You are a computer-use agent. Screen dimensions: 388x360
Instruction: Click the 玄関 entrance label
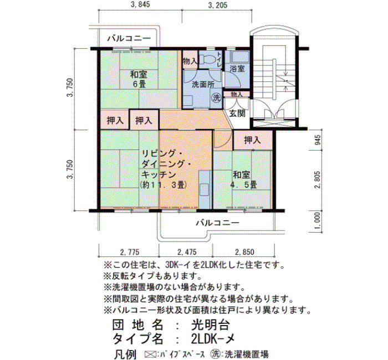tap(237, 114)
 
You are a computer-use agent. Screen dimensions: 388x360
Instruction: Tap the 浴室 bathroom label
tap(237, 69)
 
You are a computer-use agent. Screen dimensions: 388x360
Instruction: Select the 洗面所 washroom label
tap(203, 85)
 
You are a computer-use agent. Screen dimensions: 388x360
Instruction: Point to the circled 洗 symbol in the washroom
tap(217, 97)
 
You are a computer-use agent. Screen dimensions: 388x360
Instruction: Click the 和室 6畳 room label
tap(139, 79)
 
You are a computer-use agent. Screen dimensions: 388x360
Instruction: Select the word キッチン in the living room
tap(159, 175)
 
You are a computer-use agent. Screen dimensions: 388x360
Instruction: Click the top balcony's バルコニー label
tap(129, 38)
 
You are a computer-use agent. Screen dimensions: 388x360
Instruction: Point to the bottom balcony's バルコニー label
tap(218, 223)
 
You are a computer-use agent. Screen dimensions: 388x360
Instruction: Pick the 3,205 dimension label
tap(218, 5)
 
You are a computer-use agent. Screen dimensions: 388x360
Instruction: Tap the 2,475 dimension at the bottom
tap(187, 252)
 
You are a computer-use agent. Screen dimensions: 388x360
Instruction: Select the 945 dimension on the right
tap(318, 140)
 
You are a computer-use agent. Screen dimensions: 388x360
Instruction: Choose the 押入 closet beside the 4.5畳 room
tap(253, 140)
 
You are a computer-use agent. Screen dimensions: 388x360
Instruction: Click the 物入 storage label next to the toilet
tap(190, 61)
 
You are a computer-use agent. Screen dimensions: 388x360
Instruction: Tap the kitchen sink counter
tap(205, 190)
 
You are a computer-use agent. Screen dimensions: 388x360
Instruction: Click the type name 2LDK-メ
tap(213, 339)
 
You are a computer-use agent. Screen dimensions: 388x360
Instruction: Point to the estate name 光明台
tap(211, 325)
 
